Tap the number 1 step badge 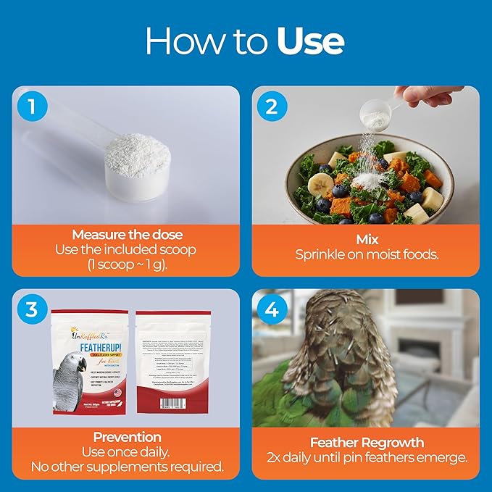(31, 107)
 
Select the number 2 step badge (271, 107)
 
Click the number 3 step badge (31, 310)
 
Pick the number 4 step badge (271, 310)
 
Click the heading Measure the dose (126, 235)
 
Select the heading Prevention (126, 438)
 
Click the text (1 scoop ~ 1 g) (126, 264)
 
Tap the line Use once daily (126, 451)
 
